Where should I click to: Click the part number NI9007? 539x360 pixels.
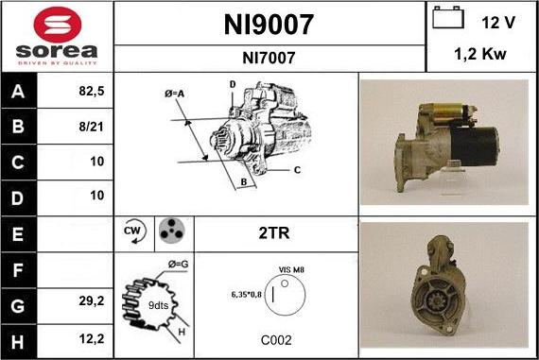pyautogui.click(x=269, y=24)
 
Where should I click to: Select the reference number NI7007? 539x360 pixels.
pyautogui.click(x=269, y=58)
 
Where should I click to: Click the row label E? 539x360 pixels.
pyautogui.click(x=19, y=231)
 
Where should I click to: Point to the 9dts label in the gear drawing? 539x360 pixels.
pyautogui.click(x=158, y=305)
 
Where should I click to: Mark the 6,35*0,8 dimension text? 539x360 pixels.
pyautogui.click(x=246, y=294)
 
